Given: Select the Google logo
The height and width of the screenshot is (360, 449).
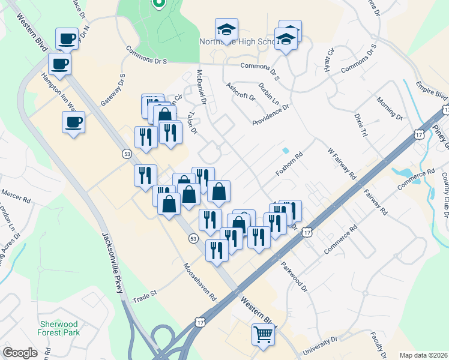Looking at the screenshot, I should [20, 353].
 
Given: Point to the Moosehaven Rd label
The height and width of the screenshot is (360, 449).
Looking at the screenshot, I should [199, 282].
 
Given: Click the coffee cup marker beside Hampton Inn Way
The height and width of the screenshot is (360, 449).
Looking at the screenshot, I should [73, 122].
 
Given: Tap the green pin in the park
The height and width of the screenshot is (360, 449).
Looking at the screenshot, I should [158, 4].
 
